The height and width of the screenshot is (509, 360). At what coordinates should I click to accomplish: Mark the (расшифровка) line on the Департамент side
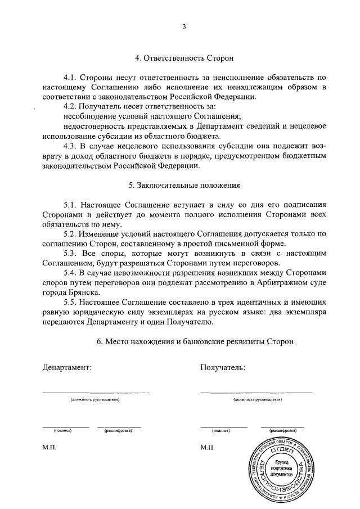click(118, 427)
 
